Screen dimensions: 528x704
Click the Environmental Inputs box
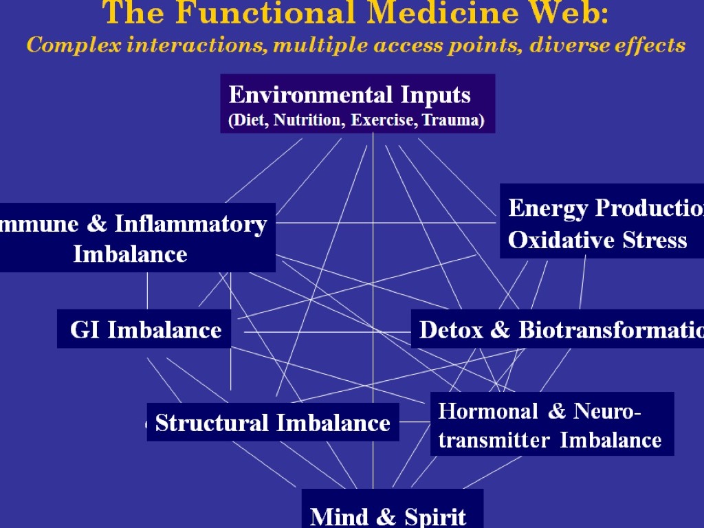pos(357,103)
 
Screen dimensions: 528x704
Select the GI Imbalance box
pos(144,329)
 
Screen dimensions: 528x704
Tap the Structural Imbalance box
pos(273,422)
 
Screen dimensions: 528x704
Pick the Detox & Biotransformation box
pos(558,329)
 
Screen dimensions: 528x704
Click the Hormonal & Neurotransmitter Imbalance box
pos(551,424)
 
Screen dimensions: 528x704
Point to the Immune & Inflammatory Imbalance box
pos(134,238)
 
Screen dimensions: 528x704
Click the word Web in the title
pos(575,13)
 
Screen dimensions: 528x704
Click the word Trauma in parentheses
pos(453,120)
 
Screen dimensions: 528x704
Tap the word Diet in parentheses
pos(248,120)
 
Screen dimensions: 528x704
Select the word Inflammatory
pos(190,224)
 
